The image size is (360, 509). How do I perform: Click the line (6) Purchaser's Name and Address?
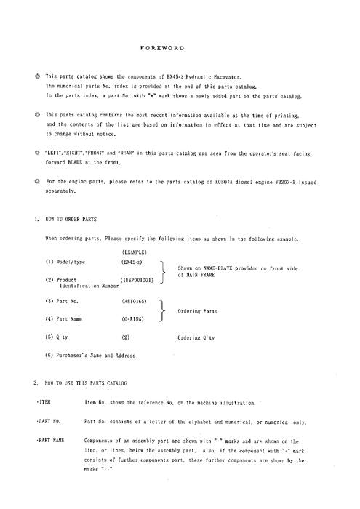(90, 355)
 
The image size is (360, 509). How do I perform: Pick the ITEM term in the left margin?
(41, 401)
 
